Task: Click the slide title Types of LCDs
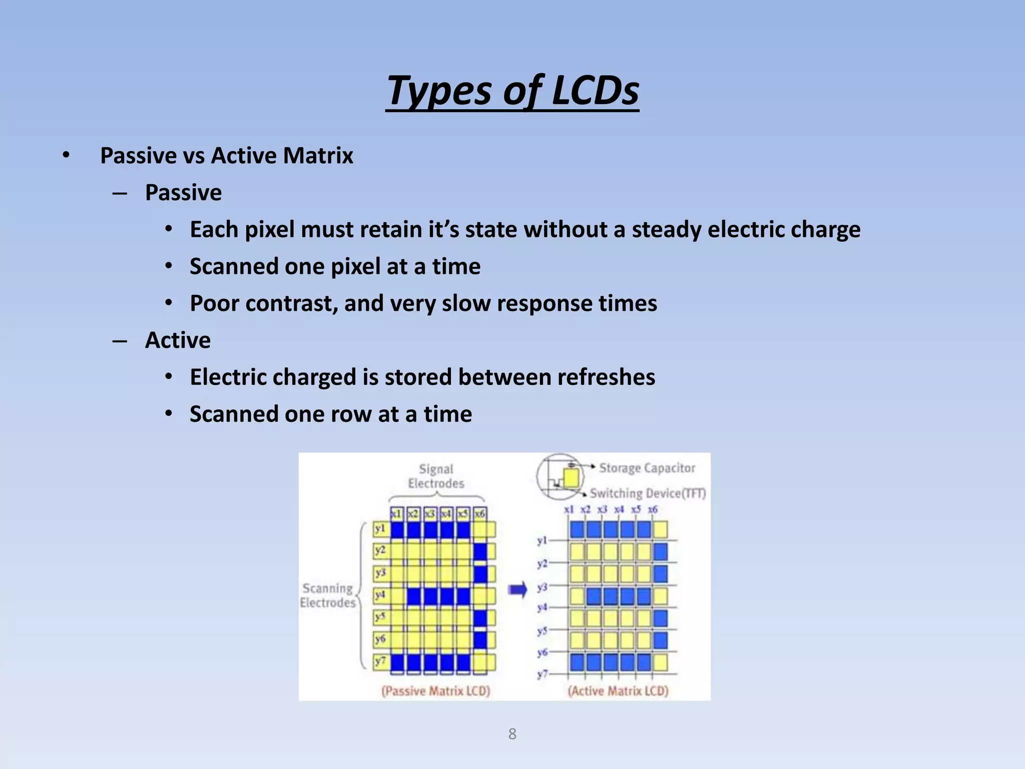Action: pos(512,91)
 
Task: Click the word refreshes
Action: pos(606,377)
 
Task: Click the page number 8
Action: pos(512,734)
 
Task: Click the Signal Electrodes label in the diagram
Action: pos(436,476)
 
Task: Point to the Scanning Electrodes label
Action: pos(328,595)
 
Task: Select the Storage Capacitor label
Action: pos(647,468)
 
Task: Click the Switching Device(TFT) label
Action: pos(648,494)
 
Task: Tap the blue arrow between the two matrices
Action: pos(518,590)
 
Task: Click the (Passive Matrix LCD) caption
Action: pos(435,691)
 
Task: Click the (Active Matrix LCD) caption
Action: pos(618,691)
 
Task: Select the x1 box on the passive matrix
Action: pos(396,514)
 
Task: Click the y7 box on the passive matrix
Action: pos(380,661)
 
